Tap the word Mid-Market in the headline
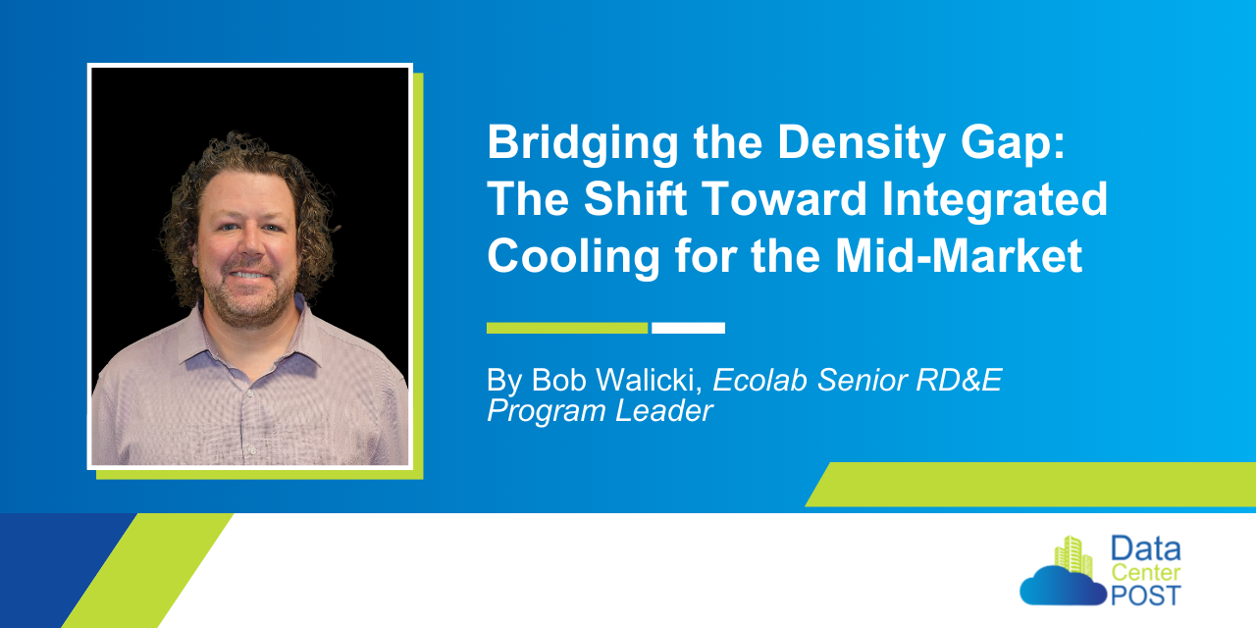pos(959,255)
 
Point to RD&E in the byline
pos(959,380)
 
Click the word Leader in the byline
pos(664,410)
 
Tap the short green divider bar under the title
pos(567,328)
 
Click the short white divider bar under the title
pos(688,328)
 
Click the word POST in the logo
pos(1146,596)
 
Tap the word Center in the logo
pos(1146,572)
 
